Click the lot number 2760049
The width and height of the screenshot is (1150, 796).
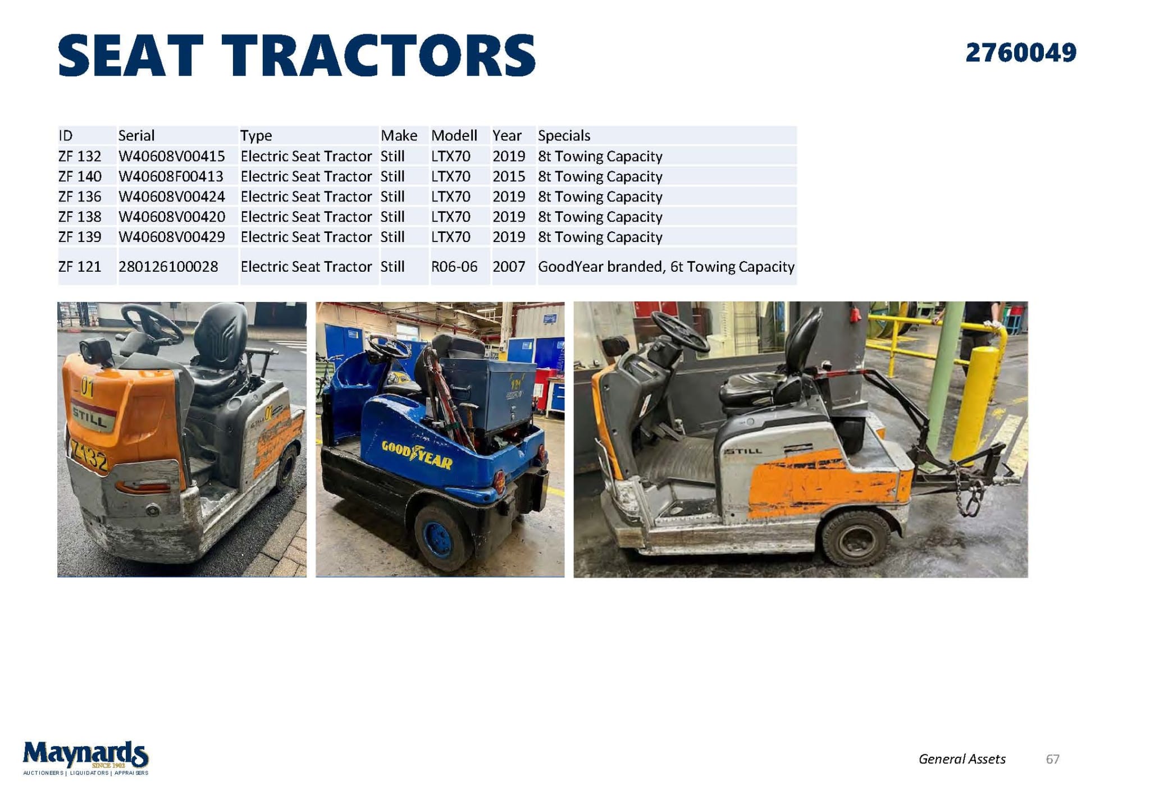1020,53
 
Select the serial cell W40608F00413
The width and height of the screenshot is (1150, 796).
171,176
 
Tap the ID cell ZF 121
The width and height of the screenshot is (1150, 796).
80,266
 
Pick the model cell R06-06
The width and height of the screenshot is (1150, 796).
454,266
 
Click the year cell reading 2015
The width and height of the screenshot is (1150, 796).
509,176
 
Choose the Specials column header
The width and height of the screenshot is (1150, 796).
564,135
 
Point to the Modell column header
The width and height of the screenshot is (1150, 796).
454,135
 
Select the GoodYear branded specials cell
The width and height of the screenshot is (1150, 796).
666,266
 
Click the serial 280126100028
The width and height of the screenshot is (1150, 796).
168,266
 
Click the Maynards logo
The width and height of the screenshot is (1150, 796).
85,757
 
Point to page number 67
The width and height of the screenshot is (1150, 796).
1052,759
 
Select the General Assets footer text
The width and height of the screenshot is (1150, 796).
962,759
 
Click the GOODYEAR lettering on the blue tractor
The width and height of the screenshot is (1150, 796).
417,454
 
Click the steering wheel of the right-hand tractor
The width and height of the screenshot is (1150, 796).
680,331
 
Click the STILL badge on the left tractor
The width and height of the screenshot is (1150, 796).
90,418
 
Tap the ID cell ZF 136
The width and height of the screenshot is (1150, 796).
80,196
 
